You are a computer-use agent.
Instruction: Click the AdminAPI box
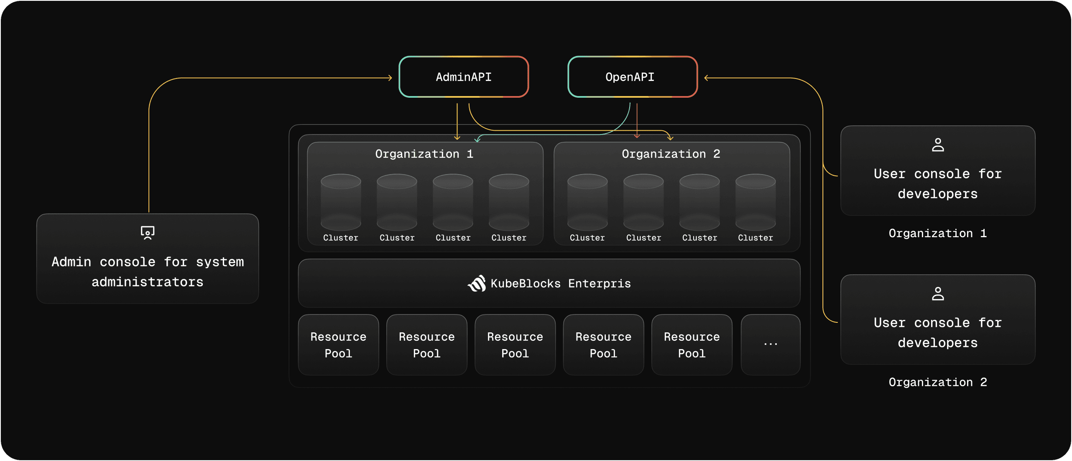[464, 77]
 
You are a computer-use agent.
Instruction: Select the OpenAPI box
[632, 77]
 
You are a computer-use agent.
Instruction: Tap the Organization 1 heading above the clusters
[424, 154]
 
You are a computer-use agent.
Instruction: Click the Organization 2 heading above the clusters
[671, 154]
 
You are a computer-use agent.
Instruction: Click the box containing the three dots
[770, 344]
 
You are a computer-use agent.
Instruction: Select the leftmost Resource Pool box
[338, 344]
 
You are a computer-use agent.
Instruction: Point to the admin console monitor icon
[148, 233]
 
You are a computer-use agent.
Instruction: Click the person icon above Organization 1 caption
[938, 145]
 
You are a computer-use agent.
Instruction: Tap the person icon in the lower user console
[938, 294]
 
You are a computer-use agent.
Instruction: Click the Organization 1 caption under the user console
[937, 233]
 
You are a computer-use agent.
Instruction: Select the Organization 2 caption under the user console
[937, 382]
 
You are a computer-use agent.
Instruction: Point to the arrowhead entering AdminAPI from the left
[390, 78]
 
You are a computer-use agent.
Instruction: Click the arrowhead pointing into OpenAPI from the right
[706, 78]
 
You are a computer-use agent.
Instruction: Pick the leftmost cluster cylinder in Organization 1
[341, 202]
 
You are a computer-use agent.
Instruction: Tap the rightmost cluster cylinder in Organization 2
[756, 202]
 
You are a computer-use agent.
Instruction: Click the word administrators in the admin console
[148, 282]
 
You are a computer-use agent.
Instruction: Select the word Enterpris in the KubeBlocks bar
[599, 284]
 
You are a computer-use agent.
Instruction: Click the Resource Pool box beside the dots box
[692, 344]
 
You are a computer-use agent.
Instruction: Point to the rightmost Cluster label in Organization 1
[509, 238]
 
